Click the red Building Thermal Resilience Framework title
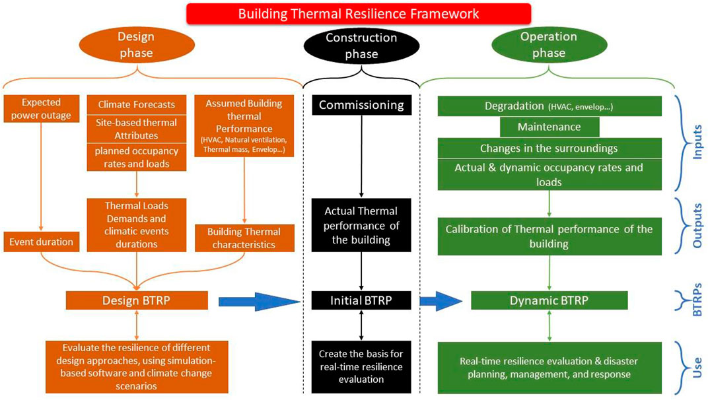358,13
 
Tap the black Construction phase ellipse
361,46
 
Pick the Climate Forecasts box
137,104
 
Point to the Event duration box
41,242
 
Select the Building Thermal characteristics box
244,238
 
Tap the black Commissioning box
362,105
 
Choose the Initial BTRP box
362,301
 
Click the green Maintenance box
549,126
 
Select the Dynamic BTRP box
549,301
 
